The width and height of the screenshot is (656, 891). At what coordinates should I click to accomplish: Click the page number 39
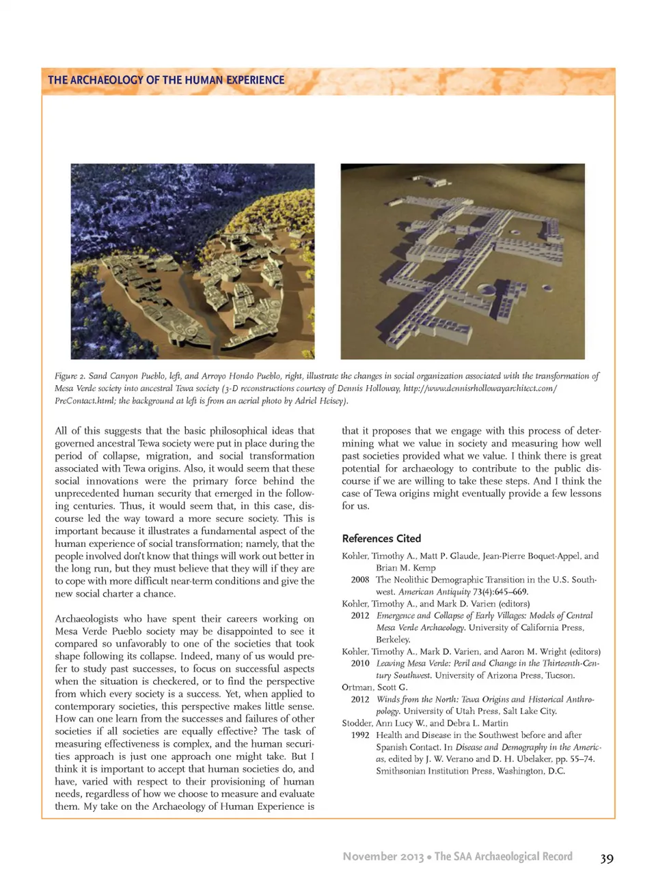point(606,858)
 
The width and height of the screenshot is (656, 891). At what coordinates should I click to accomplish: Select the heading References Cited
point(381,538)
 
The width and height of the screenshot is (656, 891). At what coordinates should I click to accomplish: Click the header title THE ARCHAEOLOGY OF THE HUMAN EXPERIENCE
point(166,80)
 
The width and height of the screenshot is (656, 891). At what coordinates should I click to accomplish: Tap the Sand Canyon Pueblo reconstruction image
point(193,261)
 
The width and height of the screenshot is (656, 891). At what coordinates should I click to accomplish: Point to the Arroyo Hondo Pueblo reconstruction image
point(463,261)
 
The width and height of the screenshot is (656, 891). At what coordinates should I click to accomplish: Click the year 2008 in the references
point(360,580)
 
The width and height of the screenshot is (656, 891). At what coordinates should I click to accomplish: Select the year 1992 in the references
point(360,735)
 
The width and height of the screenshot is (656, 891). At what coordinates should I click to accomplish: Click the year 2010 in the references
point(360,663)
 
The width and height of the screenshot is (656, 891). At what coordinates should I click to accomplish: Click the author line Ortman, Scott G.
point(374,687)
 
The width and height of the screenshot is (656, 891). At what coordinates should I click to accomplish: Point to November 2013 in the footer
point(383,856)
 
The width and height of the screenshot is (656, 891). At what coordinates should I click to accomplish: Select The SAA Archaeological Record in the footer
point(504,856)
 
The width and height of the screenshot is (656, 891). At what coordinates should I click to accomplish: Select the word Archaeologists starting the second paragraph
point(86,619)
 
